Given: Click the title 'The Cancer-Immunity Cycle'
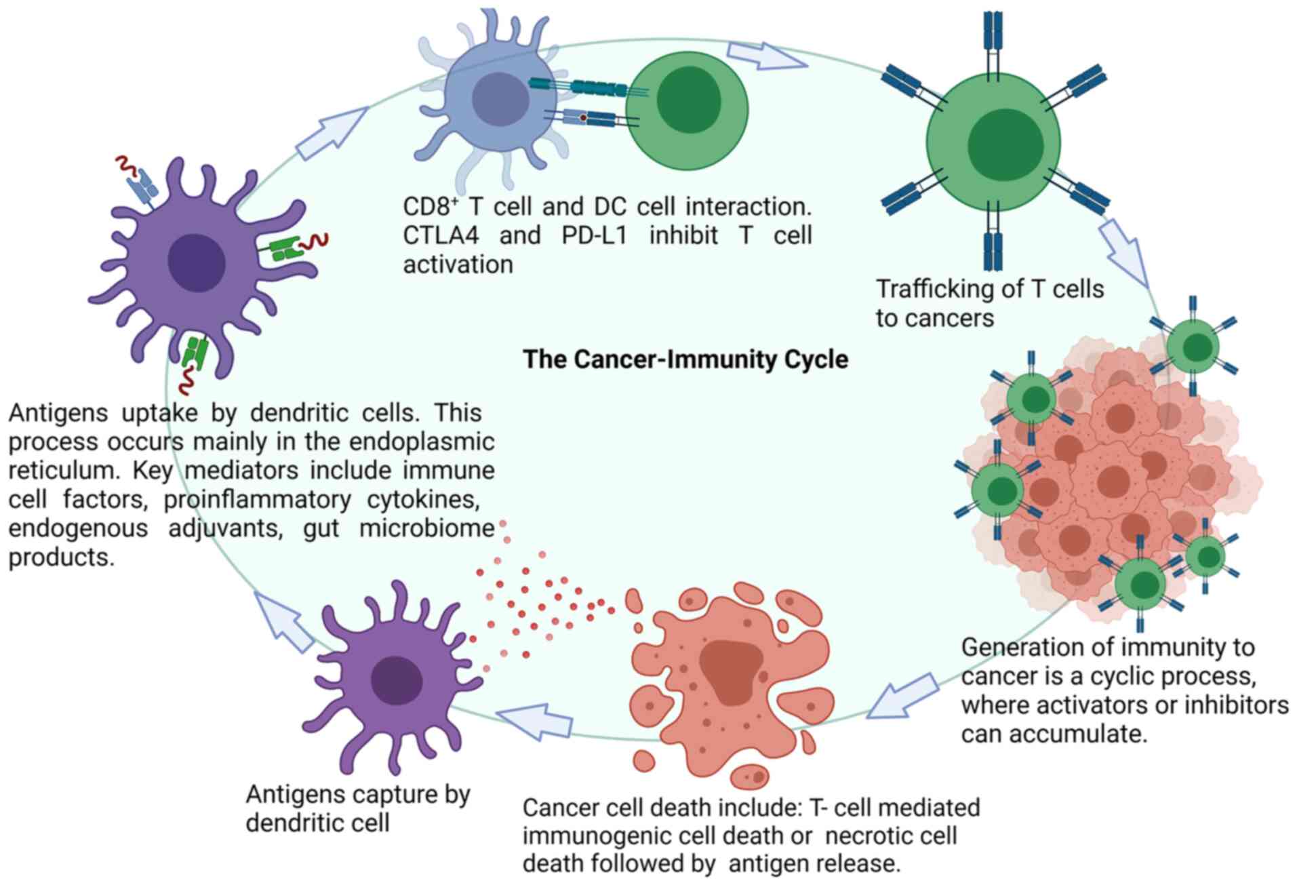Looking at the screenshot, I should [x=685, y=359].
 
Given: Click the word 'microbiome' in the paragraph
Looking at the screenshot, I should [x=426, y=528].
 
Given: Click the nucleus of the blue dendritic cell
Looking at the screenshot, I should [x=500, y=99].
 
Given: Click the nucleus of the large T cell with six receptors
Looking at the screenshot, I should [x=1005, y=144].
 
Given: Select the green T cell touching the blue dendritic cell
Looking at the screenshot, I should [x=687, y=111].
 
